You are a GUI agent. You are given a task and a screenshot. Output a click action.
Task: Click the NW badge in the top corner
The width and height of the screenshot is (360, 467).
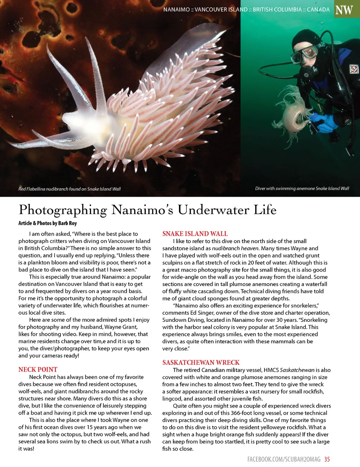(344, 9)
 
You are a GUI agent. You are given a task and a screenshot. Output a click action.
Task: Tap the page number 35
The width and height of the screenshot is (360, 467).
(327, 459)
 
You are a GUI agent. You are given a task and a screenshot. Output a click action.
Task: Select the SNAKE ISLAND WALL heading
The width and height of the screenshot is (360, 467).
(195, 234)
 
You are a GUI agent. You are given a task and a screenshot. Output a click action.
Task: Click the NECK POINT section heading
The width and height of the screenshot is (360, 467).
(38, 370)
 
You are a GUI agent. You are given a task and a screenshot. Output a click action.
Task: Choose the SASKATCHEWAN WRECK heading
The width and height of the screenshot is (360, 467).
(201, 363)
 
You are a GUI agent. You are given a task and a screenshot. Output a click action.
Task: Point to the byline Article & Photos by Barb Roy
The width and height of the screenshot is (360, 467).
(47, 223)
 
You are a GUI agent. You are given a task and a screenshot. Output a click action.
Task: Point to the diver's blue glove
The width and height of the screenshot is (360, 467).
(325, 121)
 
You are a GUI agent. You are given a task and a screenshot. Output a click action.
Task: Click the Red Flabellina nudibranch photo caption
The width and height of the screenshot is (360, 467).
(69, 189)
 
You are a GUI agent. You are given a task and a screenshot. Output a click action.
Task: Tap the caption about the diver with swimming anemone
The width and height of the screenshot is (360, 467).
(302, 189)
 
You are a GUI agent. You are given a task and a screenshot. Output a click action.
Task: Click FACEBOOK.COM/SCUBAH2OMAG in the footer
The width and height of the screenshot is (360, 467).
(284, 459)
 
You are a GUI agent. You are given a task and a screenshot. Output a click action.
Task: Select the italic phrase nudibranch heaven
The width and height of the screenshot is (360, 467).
(235, 248)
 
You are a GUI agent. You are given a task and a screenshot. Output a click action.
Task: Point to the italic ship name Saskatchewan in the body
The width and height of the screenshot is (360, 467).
(297, 370)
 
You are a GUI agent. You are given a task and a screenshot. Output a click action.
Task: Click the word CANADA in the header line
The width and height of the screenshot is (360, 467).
(318, 9)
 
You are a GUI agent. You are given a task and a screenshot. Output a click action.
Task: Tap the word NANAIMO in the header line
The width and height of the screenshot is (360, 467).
(176, 9)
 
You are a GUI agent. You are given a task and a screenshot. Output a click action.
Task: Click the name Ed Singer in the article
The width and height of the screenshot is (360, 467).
(193, 313)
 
